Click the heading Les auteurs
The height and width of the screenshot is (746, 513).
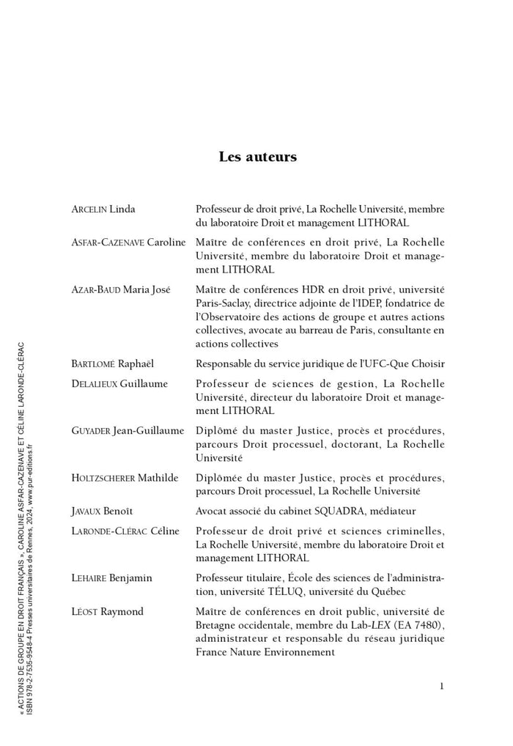[x=257, y=157]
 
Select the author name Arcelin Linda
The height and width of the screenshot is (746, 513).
[x=103, y=209]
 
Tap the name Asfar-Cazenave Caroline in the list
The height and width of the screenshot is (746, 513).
[x=128, y=243]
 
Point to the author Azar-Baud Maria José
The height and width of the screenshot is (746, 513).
[x=120, y=289]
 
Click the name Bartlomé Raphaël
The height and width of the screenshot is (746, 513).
[x=113, y=363]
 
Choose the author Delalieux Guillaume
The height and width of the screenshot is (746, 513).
[x=119, y=383]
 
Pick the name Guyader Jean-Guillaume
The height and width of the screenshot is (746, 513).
[x=128, y=430]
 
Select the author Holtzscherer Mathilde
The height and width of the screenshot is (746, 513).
[x=125, y=478]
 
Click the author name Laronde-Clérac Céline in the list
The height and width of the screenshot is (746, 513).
[x=125, y=531]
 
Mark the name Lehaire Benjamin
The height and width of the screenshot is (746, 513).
[x=111, y=577]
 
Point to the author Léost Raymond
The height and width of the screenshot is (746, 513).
[x=107, y=611]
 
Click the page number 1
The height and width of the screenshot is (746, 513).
[x=442, y=686]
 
